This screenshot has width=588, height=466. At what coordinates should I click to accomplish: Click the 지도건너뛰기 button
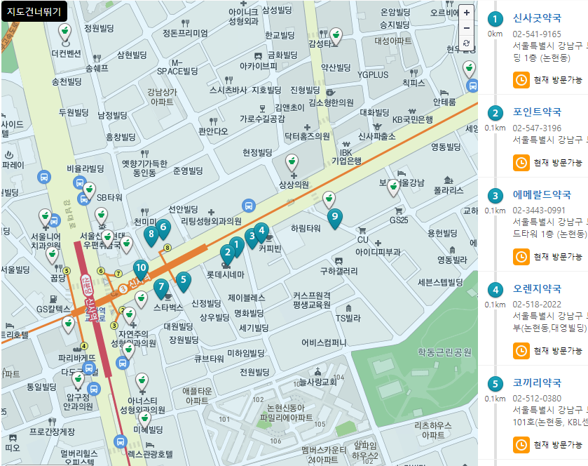34,11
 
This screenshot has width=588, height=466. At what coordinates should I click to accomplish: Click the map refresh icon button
467,44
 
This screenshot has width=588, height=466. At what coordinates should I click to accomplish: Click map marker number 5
183,281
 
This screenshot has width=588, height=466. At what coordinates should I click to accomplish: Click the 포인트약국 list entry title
537,112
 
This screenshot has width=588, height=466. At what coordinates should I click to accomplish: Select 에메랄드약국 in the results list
542,194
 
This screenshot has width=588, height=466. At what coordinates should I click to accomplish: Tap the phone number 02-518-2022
537,304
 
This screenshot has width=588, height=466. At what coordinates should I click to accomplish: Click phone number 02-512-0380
537,398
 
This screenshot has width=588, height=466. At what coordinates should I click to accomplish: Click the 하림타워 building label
306,228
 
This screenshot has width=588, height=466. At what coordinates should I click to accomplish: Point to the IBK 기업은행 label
346,157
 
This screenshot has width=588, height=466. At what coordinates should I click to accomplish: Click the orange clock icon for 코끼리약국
521,444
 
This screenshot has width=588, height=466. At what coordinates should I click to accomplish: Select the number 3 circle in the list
496,196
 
